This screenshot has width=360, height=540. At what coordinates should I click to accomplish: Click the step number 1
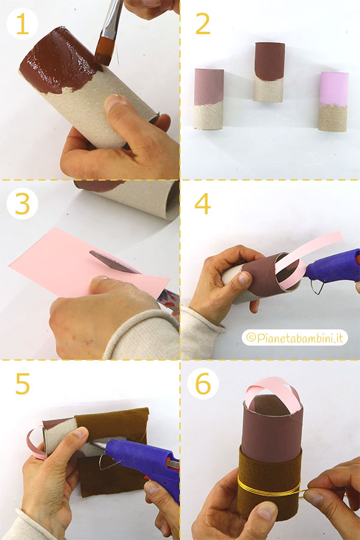click(x=22, y=24)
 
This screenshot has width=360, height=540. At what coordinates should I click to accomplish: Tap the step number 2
click(x=203, y=24)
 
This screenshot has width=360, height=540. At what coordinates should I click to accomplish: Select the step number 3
click(x=22, y=204)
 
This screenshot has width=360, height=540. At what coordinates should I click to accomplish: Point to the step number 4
click(x=203, y=204)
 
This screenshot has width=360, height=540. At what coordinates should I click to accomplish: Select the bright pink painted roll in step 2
click(x=333, y=101)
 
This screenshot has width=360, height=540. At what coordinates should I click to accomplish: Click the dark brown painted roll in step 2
click(x=269, y=72)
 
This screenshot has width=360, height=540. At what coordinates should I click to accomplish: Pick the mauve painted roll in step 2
click(x=209, y=99)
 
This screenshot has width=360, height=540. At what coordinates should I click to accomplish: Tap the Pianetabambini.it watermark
click(x=295, y=338)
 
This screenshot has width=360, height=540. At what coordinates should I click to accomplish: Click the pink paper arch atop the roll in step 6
click(x=272, y=392)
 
